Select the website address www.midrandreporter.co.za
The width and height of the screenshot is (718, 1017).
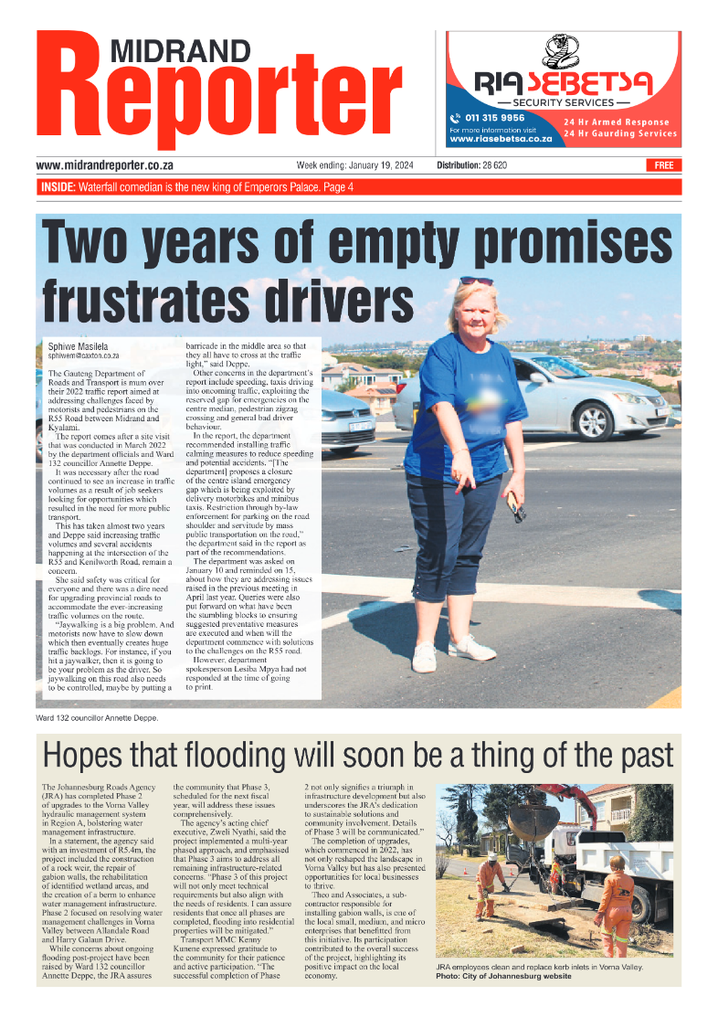(x=105, y=165)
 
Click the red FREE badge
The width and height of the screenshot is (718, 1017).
(x=663, y=165)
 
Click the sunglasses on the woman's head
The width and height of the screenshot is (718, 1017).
(x=475, y=281)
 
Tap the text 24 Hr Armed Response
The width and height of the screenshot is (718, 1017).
(x=616, y=122)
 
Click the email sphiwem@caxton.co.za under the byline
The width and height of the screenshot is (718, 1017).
(x=83, y=355)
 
